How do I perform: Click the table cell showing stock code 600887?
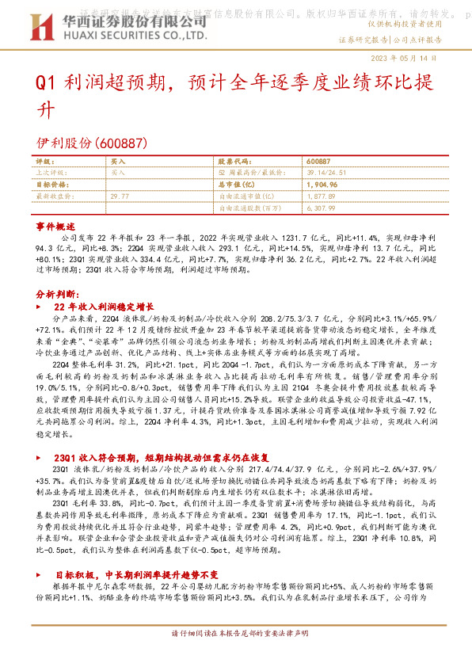point(318,161)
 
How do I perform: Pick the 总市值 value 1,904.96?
point(321,184)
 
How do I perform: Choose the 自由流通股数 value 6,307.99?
point(322,207)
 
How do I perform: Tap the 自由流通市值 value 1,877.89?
point(321,195)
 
